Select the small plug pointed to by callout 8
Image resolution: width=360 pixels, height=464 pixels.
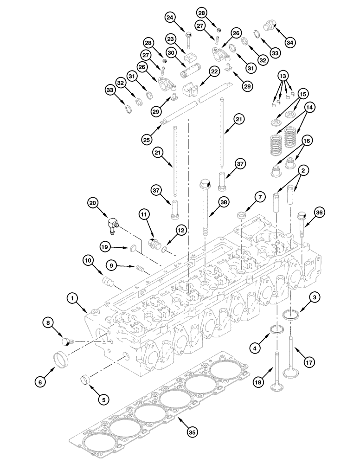pyautogui.click(x=67, y=342)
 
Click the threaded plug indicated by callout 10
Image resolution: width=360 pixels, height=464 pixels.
pyautogui.click(x=108, y=282)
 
